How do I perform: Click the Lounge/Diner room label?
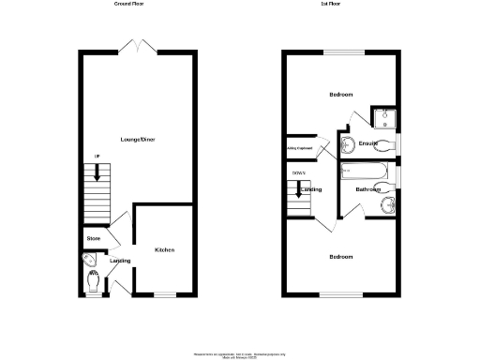(138, 139)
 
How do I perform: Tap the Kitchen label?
(165, 250)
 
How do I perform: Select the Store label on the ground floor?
(93, 239)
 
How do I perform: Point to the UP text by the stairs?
(95, 157)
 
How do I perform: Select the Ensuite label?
(367, 143)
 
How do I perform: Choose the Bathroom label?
(367, 189)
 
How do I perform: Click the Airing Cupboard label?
(299, 148)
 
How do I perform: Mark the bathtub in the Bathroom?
(367, 171)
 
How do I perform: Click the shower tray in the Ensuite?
(384, 117)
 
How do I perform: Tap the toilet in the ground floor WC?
(95, 279)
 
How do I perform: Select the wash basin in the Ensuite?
(348, 144)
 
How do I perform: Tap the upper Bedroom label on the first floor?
(341, 96)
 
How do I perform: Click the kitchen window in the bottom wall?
(165, 295)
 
